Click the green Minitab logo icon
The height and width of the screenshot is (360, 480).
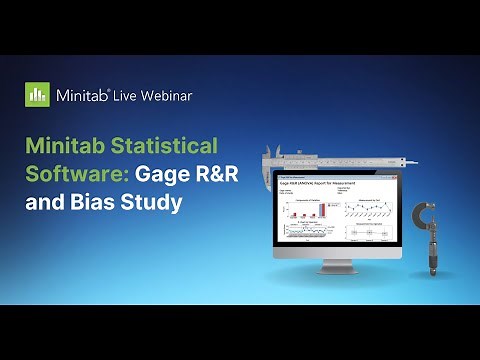coord(37,95)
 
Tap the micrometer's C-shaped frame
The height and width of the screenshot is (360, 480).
coord(421,215)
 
